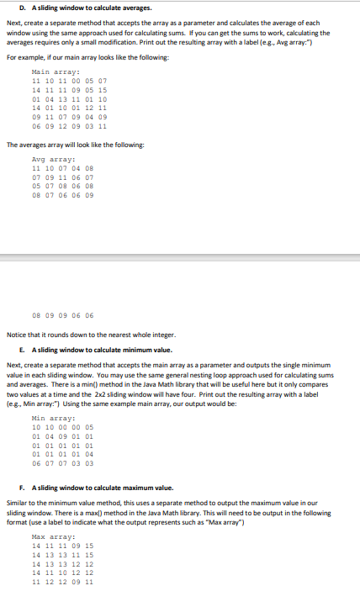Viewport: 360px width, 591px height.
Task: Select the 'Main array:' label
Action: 48,72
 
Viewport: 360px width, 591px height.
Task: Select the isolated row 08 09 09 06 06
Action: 62,316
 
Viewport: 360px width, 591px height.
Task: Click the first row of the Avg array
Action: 62,167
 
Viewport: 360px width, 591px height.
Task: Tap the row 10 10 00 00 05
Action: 62,427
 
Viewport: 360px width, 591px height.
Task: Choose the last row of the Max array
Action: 62,581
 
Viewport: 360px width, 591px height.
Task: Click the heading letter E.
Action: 19,349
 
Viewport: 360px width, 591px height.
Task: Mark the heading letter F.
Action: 19,488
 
